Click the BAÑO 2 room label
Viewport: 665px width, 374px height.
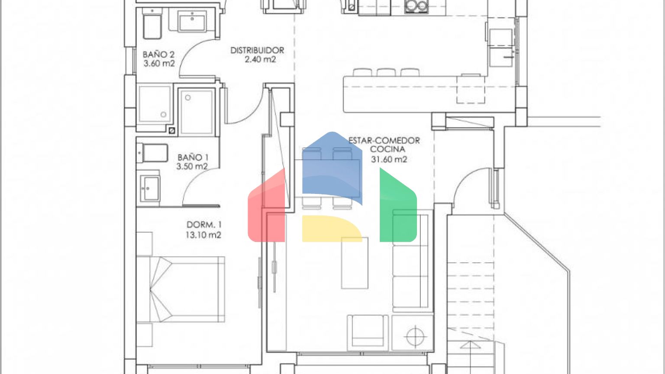coord(158,54)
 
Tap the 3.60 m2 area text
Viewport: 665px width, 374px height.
coord(159,63)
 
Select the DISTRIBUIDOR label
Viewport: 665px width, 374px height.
coord(258,50)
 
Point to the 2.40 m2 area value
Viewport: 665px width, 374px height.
coord(260,59)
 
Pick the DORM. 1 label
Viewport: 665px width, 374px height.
coord(204,225)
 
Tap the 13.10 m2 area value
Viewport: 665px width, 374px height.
coord(203,235)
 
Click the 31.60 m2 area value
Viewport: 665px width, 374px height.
coord(389,159)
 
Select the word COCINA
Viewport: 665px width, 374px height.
coord(388,149)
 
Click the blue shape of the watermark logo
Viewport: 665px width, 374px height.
coord(332,166)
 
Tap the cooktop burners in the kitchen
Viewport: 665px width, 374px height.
coord(416,6)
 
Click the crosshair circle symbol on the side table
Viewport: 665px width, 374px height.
coord(415,336)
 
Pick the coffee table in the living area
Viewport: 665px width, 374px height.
coord(355,263)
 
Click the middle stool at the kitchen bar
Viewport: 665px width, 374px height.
coord(386,72)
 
